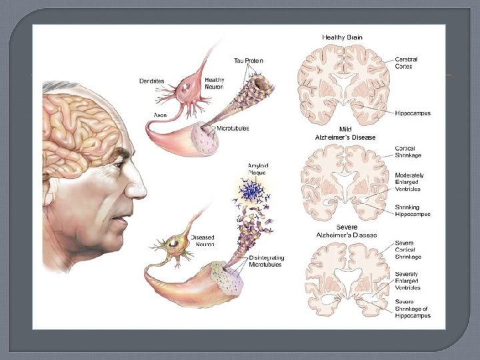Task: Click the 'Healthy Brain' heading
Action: tap(342, 37)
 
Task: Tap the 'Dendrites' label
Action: tap(153, 81)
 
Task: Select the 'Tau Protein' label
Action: tap(249, 61)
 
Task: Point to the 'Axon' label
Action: tap(160, 115)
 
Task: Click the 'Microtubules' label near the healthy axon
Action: tap(233, 128)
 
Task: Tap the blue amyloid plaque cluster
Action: tap(252, 192)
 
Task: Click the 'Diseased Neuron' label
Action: tap(202, 240)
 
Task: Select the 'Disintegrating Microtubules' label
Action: tap(265, 261)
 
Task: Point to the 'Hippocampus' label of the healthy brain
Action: tap(413, 113)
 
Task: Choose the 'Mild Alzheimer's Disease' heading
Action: tap(345, 133)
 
